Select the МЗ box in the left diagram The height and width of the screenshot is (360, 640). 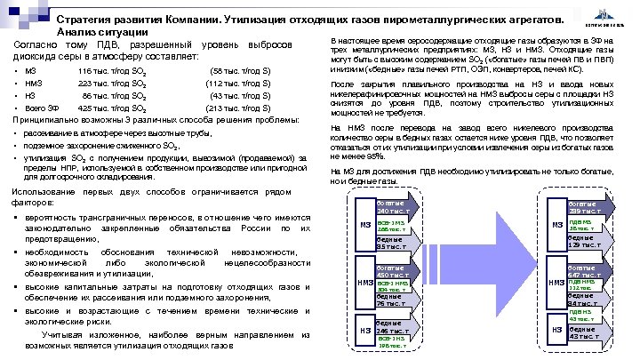[365, 225]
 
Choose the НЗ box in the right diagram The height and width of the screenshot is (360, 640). [556, 331]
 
